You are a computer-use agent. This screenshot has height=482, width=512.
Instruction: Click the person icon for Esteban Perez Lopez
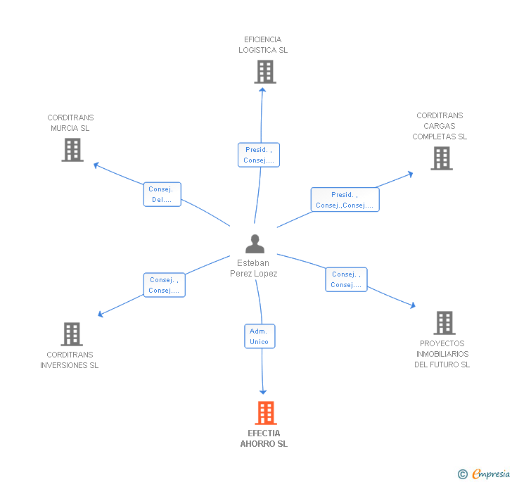coord(255,243)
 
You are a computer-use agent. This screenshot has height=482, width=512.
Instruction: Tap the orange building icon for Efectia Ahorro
coord(266,413)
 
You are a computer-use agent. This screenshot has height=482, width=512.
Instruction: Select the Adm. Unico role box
coord(260,336)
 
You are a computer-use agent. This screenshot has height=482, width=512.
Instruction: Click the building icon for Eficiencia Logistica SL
coord(265,72)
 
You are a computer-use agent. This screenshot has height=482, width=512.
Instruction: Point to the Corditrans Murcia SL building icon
coord(72,150)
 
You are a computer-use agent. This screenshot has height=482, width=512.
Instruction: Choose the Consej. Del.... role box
coord(162,194)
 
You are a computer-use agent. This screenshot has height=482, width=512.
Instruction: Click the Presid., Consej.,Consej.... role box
coord(345,200)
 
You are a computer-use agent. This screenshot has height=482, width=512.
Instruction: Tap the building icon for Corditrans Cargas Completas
coord(442,158)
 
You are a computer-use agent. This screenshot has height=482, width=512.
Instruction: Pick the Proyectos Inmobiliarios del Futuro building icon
coord(444,323)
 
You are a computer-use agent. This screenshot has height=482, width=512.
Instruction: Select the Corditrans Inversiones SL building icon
coord(72,334)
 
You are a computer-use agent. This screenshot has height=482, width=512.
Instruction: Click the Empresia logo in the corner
coord(484,474)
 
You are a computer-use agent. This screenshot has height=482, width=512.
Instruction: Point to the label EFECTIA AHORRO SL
coord(264,438)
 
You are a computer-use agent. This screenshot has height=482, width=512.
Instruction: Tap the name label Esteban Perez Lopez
coord(254,268)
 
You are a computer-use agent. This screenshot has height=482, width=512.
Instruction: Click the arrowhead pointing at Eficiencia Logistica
coord(262,89)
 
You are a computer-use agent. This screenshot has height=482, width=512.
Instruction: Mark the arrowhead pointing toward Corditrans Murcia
coord(96,165)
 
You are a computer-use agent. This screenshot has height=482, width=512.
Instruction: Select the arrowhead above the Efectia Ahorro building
coord(263,392)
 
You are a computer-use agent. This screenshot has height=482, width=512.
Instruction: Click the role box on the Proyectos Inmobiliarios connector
coord(346,280)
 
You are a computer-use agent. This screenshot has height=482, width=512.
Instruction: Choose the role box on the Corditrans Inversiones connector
coord(165,285)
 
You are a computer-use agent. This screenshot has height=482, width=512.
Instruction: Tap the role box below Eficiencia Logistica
coord(259,155)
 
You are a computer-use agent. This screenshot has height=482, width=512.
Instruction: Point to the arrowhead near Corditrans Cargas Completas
coord(411,175)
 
